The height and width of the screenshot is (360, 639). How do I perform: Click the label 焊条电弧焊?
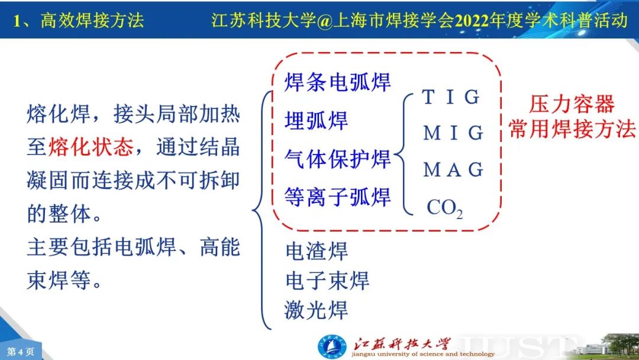[337, 82]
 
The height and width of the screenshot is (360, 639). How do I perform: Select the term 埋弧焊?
[316, 120]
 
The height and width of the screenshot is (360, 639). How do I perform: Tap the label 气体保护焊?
[337, 159]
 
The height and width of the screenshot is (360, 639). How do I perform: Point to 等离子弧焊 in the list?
[337, 197]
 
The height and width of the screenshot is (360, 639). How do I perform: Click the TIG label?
[451, 97]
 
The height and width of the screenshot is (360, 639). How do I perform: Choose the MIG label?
[453, 133]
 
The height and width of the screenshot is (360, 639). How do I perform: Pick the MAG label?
[453, 169]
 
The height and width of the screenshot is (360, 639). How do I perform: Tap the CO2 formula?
[444, 208]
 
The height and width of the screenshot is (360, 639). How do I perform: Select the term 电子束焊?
[327, 281]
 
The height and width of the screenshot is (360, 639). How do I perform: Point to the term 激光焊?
[316, 310]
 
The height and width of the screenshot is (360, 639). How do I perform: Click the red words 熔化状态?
[91, 147]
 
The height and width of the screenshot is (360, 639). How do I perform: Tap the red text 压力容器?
[572, 104]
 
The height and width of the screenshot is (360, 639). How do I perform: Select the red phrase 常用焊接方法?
[572, 129]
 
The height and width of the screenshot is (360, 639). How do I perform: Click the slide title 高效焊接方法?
[92, 20]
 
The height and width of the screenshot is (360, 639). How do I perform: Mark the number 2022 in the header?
[472, 20]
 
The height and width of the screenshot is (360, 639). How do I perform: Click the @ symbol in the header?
[325, 20]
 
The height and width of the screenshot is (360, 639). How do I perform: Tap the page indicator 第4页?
[20, 352]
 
